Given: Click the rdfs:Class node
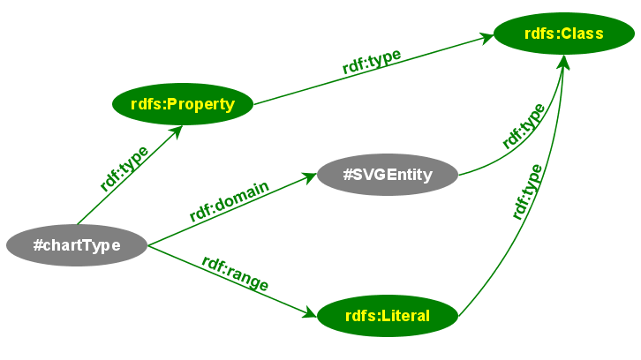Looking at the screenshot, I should (x=563, y=34).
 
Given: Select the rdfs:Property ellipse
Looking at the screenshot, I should (x=183, y=105).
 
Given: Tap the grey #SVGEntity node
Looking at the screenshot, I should (x=388, y=175).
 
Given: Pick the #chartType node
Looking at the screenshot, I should (x=76, y=245).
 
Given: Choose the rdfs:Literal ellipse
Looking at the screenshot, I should (x=388, y=316).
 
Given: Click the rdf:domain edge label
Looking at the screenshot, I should (x=229, y=202).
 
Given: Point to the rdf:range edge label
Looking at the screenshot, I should (x=235, y=274).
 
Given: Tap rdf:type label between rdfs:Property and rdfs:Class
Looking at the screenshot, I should (x=372, y=61).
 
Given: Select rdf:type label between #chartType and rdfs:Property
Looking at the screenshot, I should (x=124, y=169).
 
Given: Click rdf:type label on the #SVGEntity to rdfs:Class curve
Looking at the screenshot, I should (x=524, y=125).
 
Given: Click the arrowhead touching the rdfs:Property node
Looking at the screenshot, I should (x=176, y=131).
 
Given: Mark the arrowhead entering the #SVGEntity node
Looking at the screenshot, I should (x=308, y=177).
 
